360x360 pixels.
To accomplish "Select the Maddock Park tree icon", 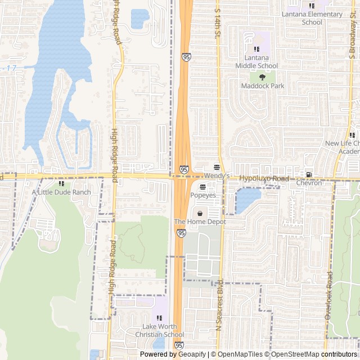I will click(x=262, y=78).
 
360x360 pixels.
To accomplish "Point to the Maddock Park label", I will click(x=263, y=86).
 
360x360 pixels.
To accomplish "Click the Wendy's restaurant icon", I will click(x=217, y=167).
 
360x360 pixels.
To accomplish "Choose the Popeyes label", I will click(x=203, y=195).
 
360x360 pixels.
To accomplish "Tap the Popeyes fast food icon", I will click(x=202, y=186).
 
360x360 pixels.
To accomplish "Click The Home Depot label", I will click(x=200, y=222).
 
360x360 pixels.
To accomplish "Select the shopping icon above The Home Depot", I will click(x=200, y=213).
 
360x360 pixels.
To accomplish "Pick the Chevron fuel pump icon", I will click(x=308, y=174).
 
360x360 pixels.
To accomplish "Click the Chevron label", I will click(x=309, y=183).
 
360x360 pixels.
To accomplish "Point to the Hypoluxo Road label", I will click(x=264, y=178).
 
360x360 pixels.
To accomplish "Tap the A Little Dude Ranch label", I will click(x=61, y=192).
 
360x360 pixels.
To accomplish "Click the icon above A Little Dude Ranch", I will click(x=61, y=183).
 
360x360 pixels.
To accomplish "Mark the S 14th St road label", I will click(x=218, y=24).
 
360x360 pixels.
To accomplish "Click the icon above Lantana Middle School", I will click(x=256, y=49).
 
